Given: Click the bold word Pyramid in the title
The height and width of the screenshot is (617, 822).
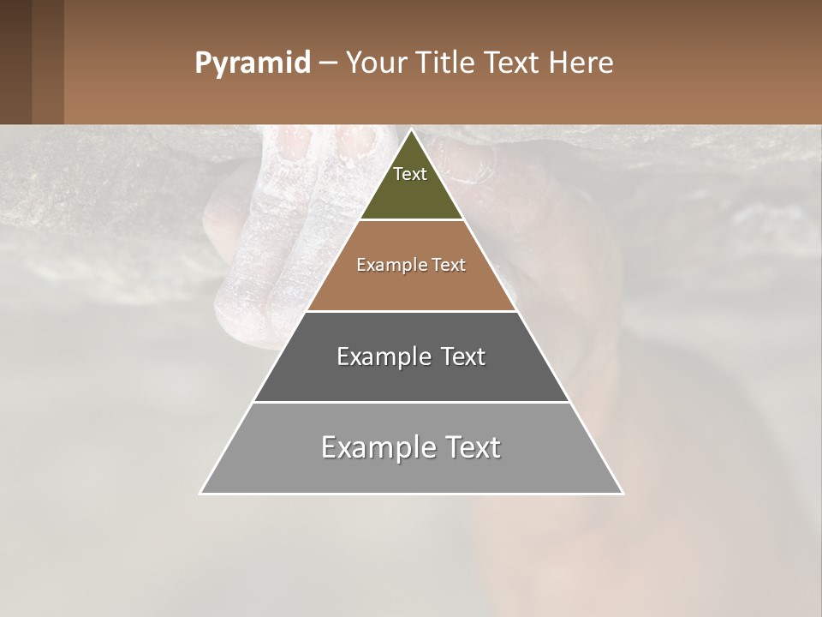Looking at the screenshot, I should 253,63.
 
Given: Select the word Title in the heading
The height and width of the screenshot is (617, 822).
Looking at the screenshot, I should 445,63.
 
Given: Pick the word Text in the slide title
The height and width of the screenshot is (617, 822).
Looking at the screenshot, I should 512,63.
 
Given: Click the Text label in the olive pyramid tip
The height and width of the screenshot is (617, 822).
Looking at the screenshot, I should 410,174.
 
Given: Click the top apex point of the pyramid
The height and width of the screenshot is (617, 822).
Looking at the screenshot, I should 411,130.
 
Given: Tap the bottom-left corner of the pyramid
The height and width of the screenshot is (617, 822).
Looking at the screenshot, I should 201,493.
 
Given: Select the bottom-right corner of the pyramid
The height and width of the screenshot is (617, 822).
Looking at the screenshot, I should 622,493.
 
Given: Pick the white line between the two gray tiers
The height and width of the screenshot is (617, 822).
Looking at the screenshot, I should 411,402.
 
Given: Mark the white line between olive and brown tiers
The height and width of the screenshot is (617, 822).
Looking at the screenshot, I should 411,220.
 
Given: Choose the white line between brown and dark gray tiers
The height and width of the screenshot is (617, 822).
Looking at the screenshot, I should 411,311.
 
